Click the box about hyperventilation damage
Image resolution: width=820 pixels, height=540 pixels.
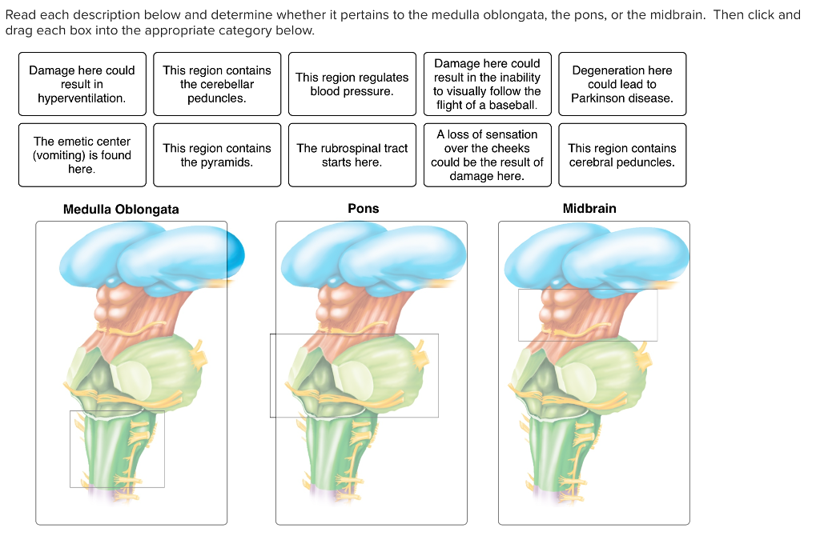[x=82, y=84]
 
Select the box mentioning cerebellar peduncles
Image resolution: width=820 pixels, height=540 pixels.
[x=216, y=84]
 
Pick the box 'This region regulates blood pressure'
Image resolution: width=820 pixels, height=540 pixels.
[x=352, y=84]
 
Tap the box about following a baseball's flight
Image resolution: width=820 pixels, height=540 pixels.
[x=487, y=84]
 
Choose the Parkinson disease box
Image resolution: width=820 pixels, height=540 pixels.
[x=621, y=84]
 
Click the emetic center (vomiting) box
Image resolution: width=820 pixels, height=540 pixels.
[x=82, y=155]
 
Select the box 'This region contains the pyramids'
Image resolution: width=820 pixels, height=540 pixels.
[x=216, y=155]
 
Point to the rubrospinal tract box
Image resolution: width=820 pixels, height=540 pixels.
[x=352, y=155]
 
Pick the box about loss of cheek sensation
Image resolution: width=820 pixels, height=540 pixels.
[x=487, y=155]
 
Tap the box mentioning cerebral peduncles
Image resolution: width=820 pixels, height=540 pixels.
[x=621, y=155]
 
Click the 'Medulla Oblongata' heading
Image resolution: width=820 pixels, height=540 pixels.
[x=121, y=210]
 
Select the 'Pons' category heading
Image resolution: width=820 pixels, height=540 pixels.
[x=363, y=209]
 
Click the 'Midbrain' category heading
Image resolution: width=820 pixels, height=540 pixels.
[x=589, y=209]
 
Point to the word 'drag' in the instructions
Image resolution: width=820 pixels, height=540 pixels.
[x=18, y=30]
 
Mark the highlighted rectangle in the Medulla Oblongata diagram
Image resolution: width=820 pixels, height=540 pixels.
[x=117, y=449]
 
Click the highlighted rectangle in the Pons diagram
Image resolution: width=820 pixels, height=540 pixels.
[x=354, y=375]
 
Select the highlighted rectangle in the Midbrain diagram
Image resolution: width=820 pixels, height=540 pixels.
[x=587, y=315]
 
